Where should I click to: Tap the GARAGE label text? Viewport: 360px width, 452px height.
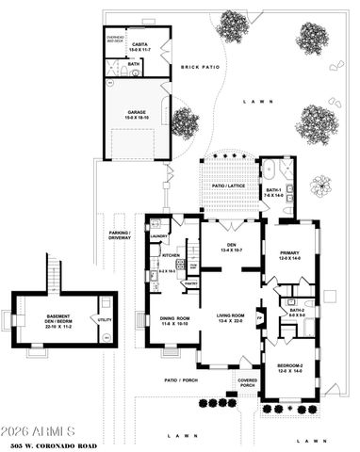point(137,112)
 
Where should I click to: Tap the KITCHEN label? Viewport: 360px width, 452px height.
point(171,255)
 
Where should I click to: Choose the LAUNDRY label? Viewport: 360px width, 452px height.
point(159,236)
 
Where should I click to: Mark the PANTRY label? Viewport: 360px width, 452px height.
point(189,282)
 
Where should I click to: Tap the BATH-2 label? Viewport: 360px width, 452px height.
point(297,312)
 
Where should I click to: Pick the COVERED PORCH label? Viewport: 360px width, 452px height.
point(247,383)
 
